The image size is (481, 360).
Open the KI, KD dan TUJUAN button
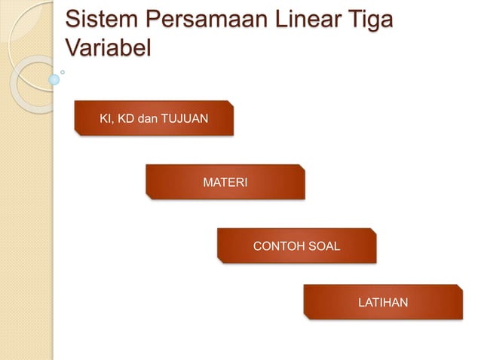point(154,118)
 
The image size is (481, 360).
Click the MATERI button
point(225,182)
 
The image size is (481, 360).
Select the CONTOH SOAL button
point(296,246)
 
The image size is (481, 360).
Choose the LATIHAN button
point(382,302)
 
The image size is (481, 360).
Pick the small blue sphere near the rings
point(54,78)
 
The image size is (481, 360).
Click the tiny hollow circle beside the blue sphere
point(64,72)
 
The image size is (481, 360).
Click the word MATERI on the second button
point(225,182)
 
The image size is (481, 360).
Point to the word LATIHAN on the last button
point(382,302)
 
